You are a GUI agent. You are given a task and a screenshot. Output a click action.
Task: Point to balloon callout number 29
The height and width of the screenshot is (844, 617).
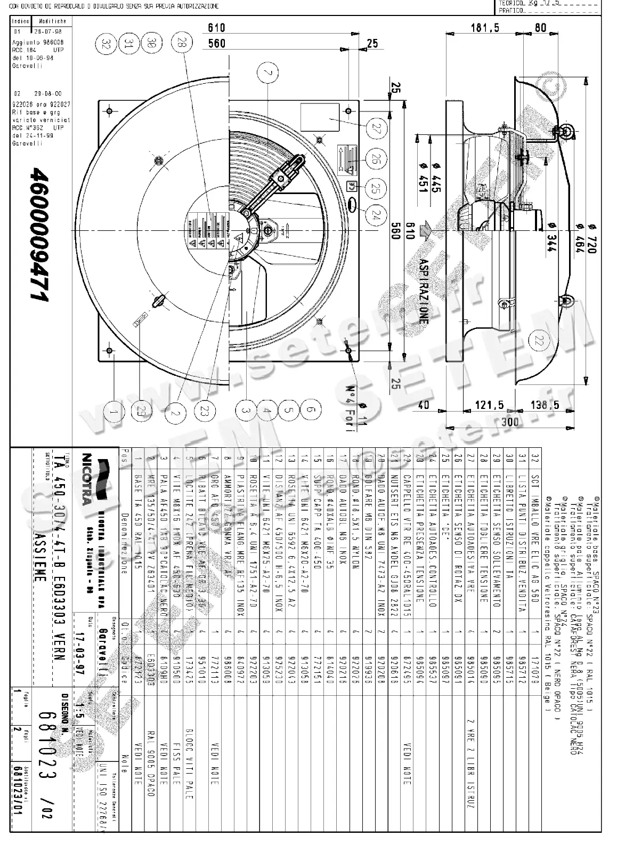pyautogui.click(x=140, y=411)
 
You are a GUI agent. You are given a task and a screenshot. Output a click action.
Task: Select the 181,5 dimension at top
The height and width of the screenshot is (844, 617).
pyautogui.click(x=485, y=28)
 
